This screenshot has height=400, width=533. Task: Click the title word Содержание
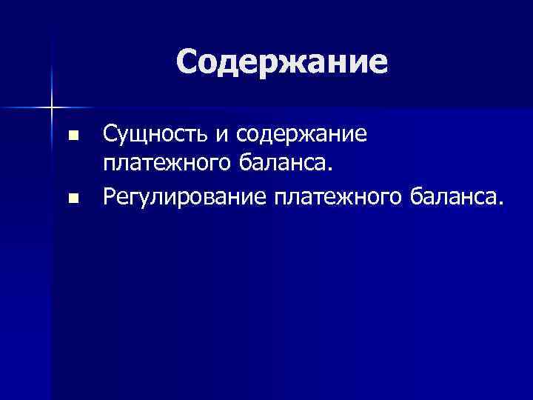[282, 62]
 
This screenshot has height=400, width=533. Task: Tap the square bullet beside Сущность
[72, 136]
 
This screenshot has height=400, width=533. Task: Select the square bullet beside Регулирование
[72, 198]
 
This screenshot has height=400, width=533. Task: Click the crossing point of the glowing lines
[52, 108]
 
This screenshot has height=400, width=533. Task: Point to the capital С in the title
[188, 62]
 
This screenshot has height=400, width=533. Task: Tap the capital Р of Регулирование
[110, 195]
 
